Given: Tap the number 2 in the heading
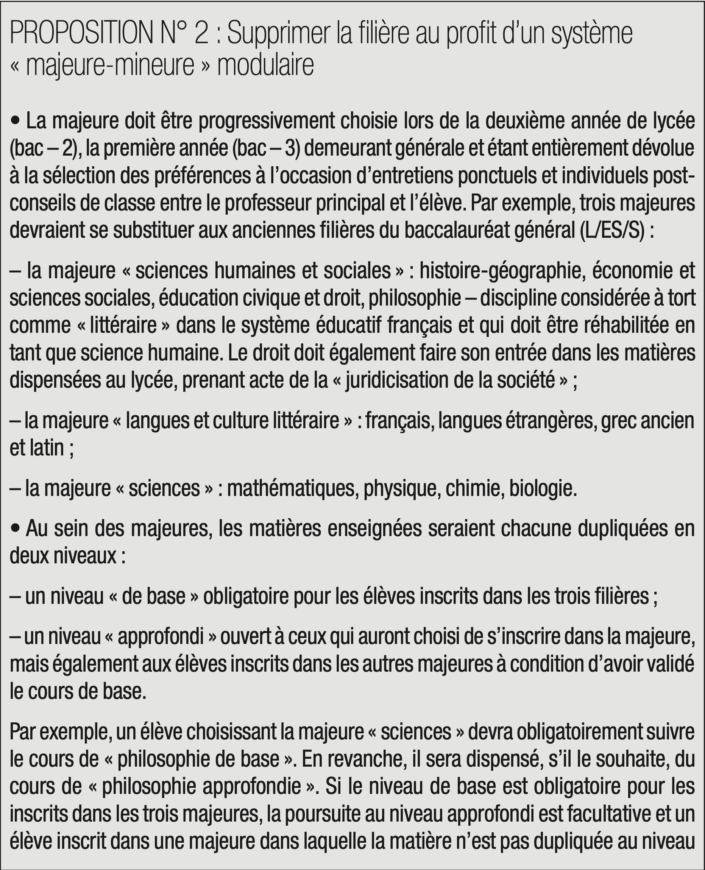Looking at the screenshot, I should pyautogui.click(x=202, y=34).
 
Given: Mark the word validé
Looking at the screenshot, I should pyautogui.click(x=670, y=664).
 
